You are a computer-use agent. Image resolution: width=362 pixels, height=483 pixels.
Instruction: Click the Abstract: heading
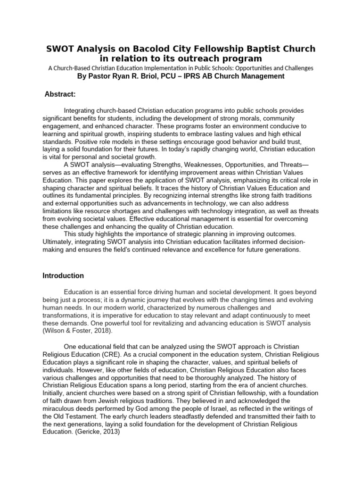coord(60,95)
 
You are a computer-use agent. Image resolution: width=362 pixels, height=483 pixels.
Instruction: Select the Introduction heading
coord(63,275)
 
